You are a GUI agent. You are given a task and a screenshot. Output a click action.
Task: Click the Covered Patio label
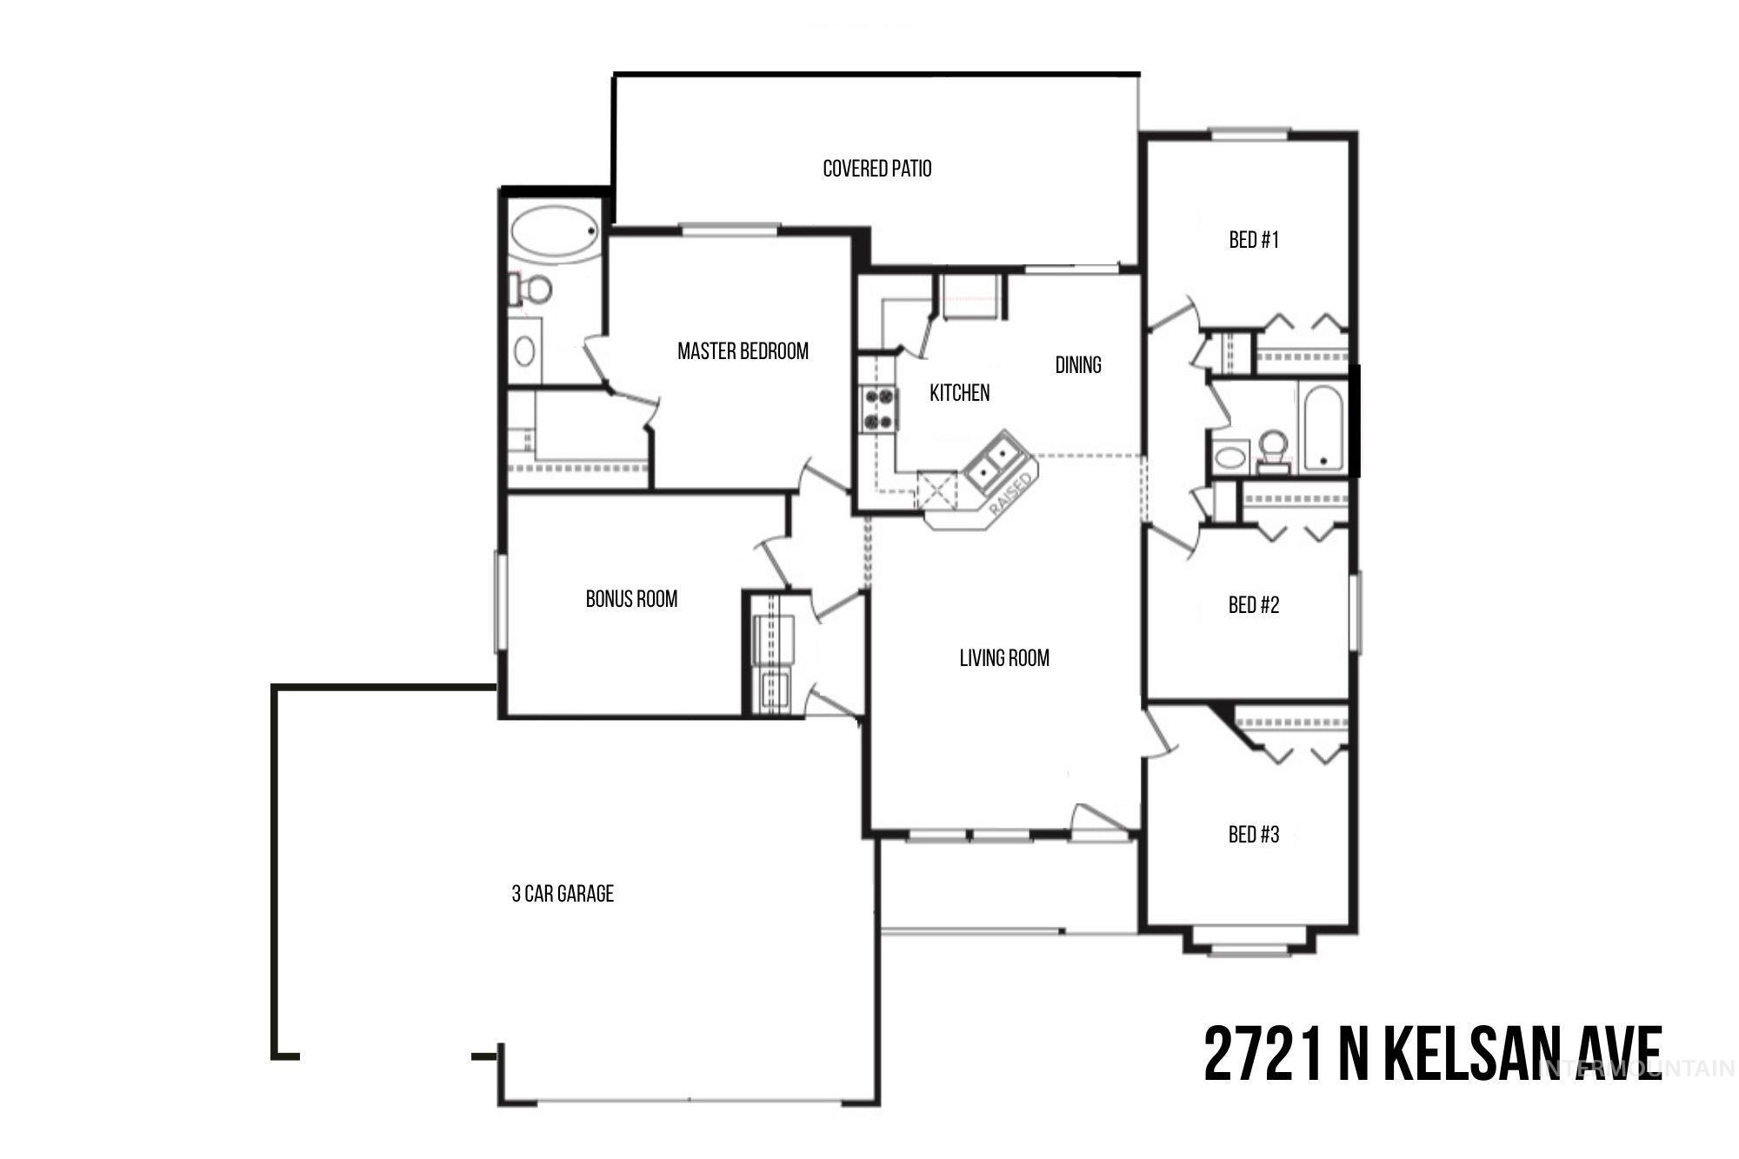pos(876,168)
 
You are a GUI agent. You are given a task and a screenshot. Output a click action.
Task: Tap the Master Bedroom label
pos(743,350)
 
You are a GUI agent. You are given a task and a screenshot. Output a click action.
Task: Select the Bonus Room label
pos(631,598)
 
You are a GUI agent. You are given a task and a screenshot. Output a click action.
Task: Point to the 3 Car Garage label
pos(563,893)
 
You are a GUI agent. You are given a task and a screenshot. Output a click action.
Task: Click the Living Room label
pos(1004,657)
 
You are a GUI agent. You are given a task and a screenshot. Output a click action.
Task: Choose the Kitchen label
pos(959,392)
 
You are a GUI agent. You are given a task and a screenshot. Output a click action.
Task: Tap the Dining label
pos(1078,364)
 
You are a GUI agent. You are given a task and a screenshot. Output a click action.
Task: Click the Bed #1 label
pos(1254,239)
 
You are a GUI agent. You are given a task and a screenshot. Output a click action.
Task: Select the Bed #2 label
pos(1254,604)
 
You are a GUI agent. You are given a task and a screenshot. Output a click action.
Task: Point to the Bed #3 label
pos(1254,835)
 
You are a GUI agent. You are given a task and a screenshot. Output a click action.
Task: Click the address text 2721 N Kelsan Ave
pos(1433,1053)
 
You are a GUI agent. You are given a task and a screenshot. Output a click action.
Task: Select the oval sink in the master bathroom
pos(524,350)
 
